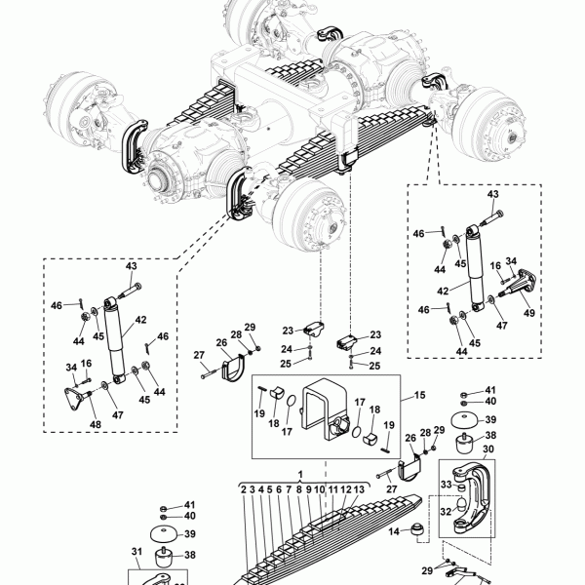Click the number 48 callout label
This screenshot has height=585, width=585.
96,424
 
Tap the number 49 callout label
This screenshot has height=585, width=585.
529,313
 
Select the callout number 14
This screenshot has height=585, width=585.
394,531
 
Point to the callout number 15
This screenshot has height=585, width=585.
419,395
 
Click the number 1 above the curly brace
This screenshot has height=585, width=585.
300,474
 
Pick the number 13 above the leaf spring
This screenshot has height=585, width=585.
359,489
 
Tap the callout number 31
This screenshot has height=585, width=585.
136,551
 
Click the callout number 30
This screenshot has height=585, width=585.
488,449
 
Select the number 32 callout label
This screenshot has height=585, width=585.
446,512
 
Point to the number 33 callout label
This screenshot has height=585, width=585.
447,485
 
